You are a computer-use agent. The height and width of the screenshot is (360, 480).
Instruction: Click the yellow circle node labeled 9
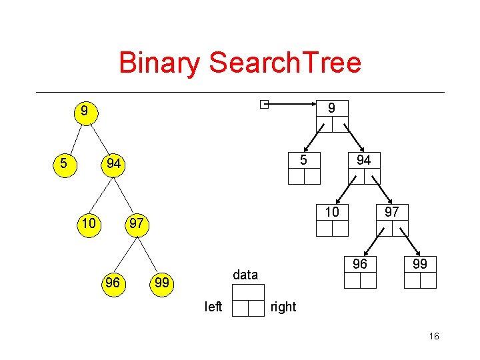tap(83, 110)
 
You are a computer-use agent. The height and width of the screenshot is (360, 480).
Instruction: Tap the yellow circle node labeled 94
tap(114, 163)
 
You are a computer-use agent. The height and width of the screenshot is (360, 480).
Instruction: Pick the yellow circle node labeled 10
tap(89, 223)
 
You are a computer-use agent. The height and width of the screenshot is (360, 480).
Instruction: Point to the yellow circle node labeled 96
tap(113, 283)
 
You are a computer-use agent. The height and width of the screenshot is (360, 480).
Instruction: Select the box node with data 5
tap(304, 168)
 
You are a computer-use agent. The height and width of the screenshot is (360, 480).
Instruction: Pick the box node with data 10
tap(332, 221)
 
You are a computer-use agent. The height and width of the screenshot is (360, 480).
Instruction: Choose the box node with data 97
tap(391, 221)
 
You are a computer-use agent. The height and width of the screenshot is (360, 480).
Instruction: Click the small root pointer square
tap(265, 104)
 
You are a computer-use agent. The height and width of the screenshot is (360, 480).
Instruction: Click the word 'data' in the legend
tap(245, 275)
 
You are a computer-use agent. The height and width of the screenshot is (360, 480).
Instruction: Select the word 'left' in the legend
tap(213, 307)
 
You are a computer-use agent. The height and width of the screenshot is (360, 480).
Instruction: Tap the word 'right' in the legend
tap(283, 307)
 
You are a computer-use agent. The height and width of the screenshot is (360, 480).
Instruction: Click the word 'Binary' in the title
tap(159, 63)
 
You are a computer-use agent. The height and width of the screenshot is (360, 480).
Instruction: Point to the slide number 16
tap(434, 337)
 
